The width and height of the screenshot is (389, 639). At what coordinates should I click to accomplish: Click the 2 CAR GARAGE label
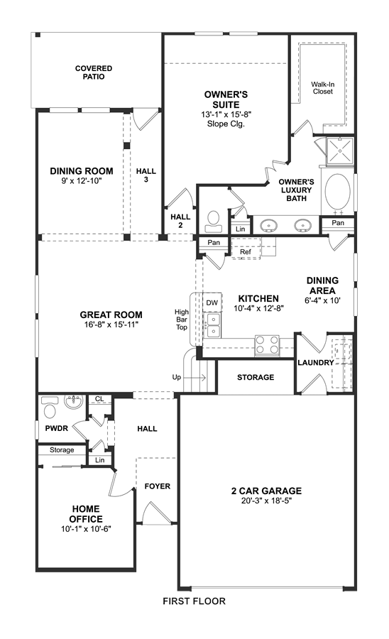tap(266, 491)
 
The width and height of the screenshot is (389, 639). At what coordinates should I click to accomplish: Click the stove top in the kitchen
tap(267, 345)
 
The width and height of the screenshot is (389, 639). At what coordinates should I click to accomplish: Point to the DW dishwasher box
tap(212, 302)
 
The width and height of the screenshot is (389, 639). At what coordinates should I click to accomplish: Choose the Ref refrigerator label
tap(245, 252)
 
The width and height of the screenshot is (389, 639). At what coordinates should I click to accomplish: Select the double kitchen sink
tap(213, 324)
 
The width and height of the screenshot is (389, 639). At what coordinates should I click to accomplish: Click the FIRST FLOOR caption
tap(194, 601)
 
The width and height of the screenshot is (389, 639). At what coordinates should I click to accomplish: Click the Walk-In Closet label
tap(322, 88)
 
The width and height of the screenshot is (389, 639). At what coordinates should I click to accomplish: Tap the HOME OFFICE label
tap(86, 514)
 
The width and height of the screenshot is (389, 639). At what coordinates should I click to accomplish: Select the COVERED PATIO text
tap(94, 72)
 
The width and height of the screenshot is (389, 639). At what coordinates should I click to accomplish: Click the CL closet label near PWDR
tap(99, 398)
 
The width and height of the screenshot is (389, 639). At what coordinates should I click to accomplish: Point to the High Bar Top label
tap(182, 319)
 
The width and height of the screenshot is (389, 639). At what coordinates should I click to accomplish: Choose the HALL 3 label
tap(146, 175)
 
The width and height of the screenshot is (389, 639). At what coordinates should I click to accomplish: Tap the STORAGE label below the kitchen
tap(256, 378)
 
